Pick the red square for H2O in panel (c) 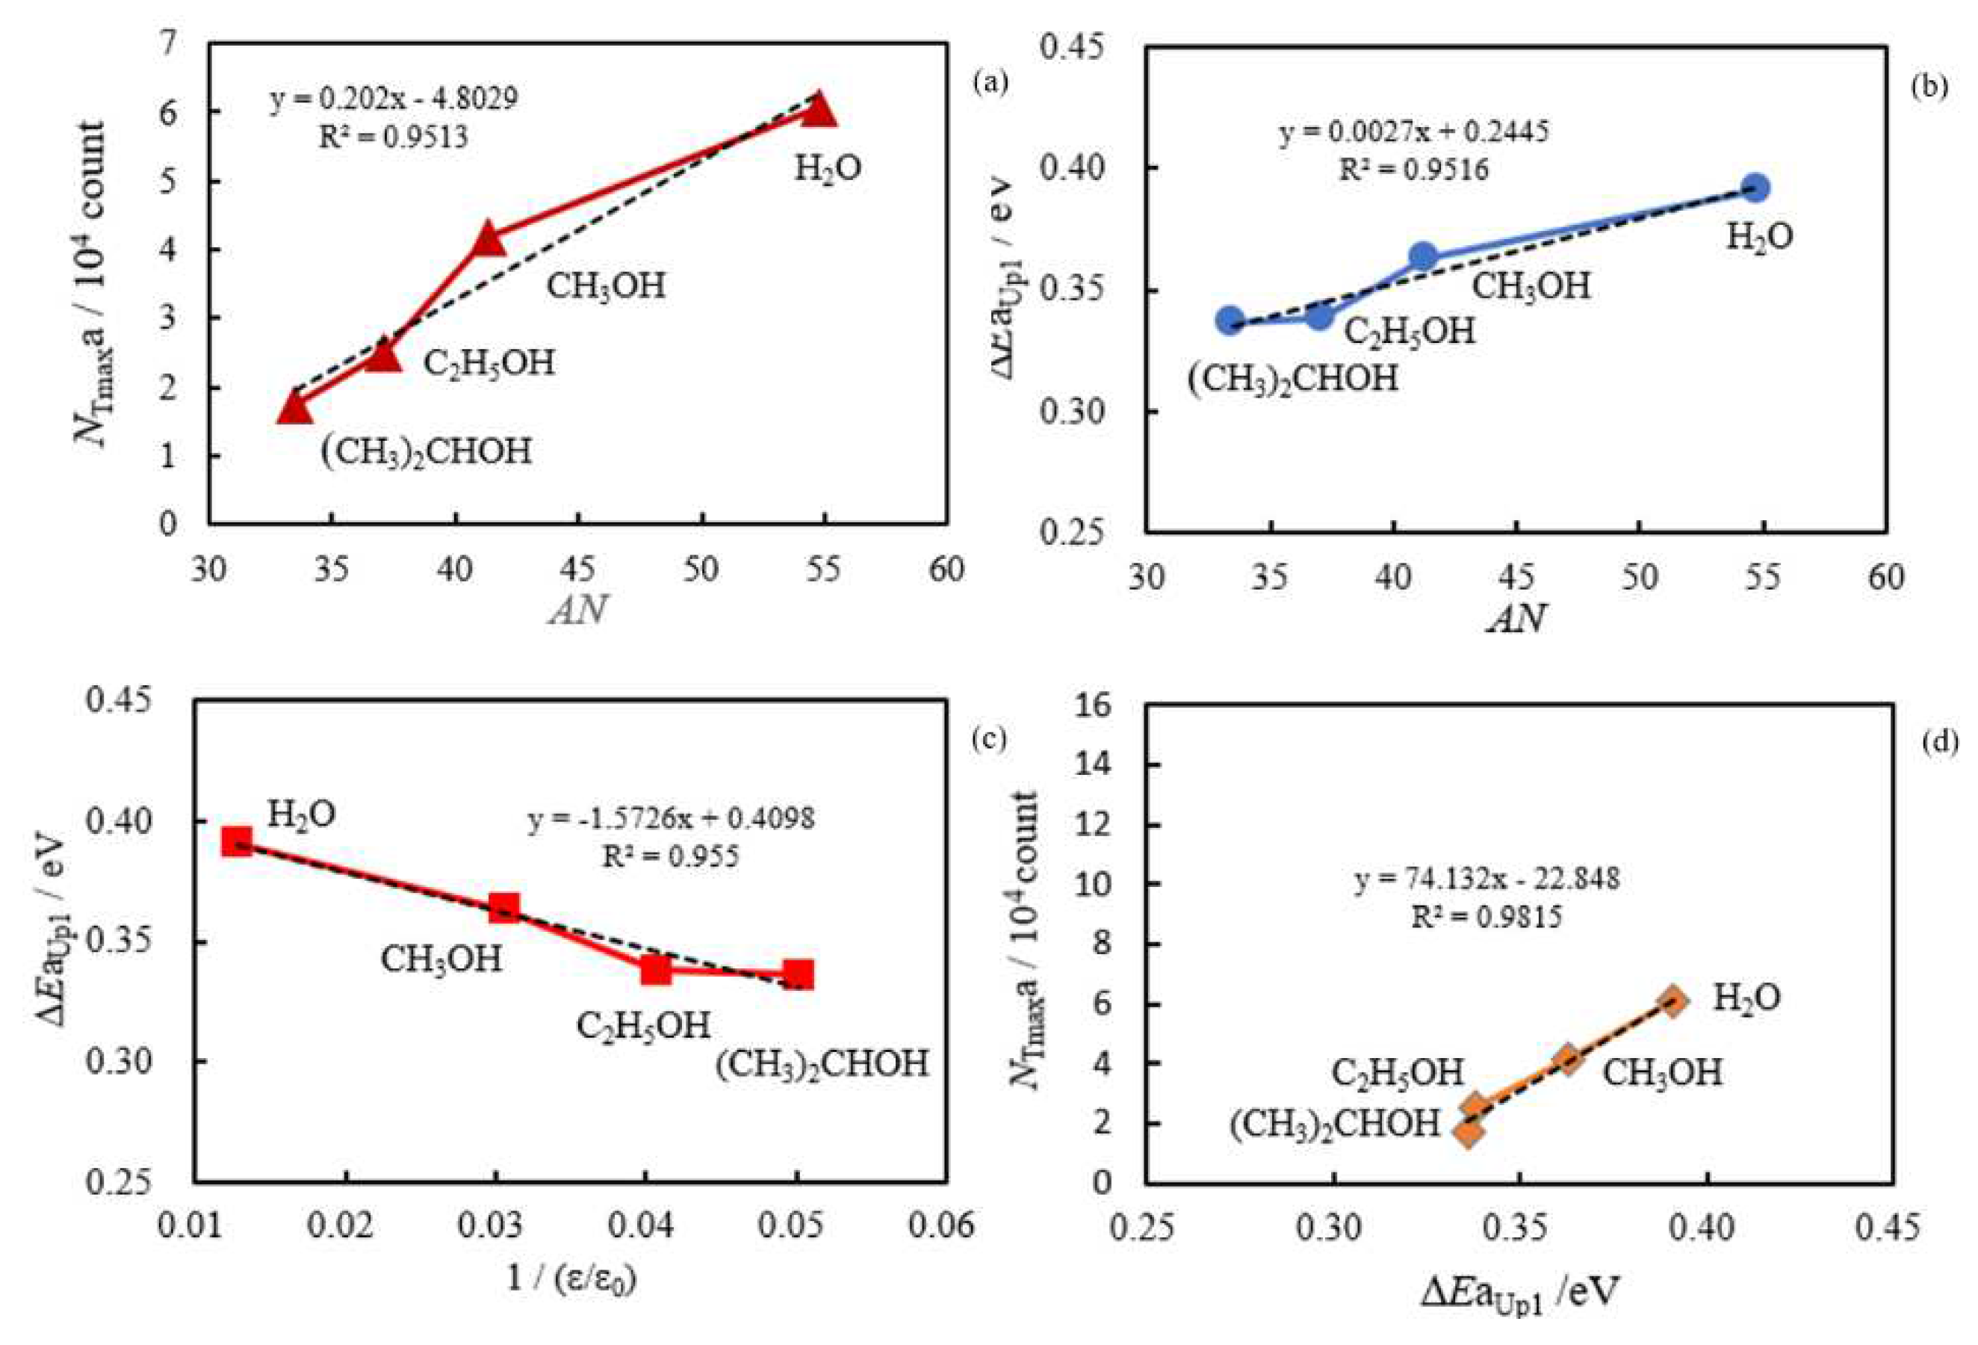(x=237, y=842)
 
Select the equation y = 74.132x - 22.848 (x=1487, y=878)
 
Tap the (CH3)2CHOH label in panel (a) (x=426, y=451)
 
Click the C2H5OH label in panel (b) (x=1410, y=330)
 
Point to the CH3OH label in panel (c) (x=441, y=959)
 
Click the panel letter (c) (x=989, y=739)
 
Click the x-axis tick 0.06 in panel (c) (x=946, y=1226)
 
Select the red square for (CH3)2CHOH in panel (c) (x=799, y=974)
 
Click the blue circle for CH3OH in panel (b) (x=1424, y=256)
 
